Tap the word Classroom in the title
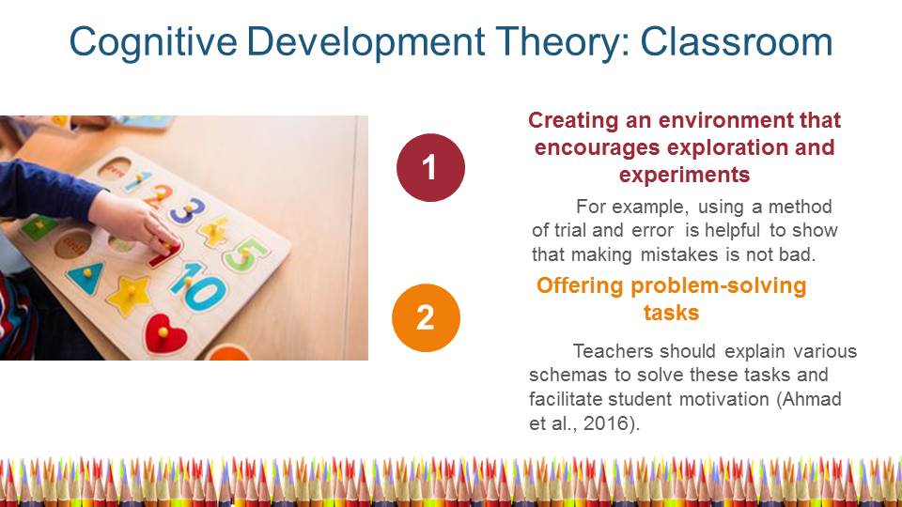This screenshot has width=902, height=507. (x=737, y=42)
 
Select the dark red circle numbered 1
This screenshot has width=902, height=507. (x=430, y=167)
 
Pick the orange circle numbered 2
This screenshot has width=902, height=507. (x=426, y=317)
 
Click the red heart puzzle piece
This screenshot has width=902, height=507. (x=165, y=334)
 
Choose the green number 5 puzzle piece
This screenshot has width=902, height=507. (x=245, y=254)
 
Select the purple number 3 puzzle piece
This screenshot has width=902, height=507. (x=188, y=209)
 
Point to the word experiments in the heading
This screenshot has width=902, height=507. (x=685, y=175)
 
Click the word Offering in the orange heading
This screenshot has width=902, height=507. (x=580, y=285)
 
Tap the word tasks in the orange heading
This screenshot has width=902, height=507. (x=671, y=313)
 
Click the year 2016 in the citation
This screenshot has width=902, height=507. (x=605, y=423)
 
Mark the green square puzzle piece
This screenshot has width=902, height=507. (x=39, y=227)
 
